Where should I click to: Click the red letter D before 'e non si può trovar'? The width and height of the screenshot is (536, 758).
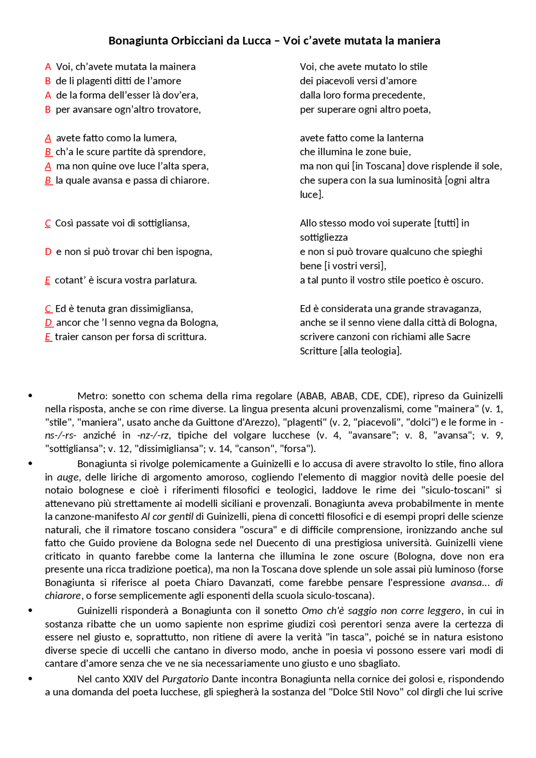click(x=48, y=252)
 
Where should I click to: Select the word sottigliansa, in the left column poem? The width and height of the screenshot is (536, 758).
click(x=164, y=223)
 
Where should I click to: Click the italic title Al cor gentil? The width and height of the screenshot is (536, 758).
click(x=167, y=516)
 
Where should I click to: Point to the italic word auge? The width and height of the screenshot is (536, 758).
click(x=67, y=477)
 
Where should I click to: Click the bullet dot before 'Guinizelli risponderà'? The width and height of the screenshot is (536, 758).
click(x=30, y=610)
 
